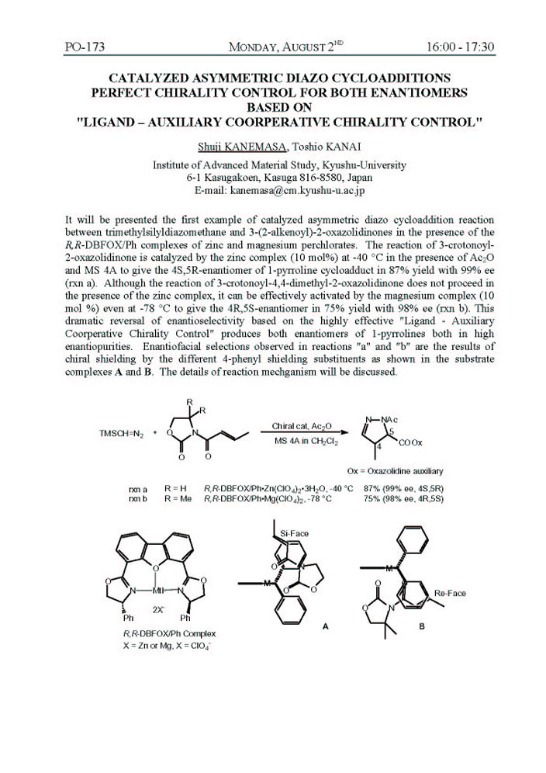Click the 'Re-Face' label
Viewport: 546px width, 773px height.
pyautogui.click(x=451, y=593)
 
